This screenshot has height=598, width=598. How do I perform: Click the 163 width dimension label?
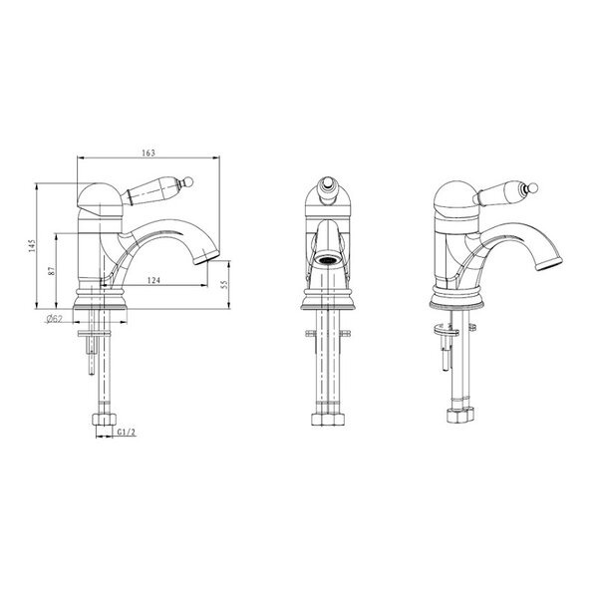click(149, 152)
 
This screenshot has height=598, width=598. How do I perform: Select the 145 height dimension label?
click(32, 245)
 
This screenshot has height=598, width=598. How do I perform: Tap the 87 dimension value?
click(52, 271)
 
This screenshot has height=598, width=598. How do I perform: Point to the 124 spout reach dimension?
click(153, 280)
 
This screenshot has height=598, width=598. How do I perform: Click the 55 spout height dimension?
click(224, 284)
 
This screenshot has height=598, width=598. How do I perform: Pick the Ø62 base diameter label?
click(54, 319)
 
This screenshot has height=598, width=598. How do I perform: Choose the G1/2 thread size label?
click(126, 433)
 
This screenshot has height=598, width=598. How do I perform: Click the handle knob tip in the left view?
click(188, 181)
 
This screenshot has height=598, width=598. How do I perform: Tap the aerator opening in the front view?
click(328, 260)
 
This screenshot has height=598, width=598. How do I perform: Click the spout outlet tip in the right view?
click(549, 264)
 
